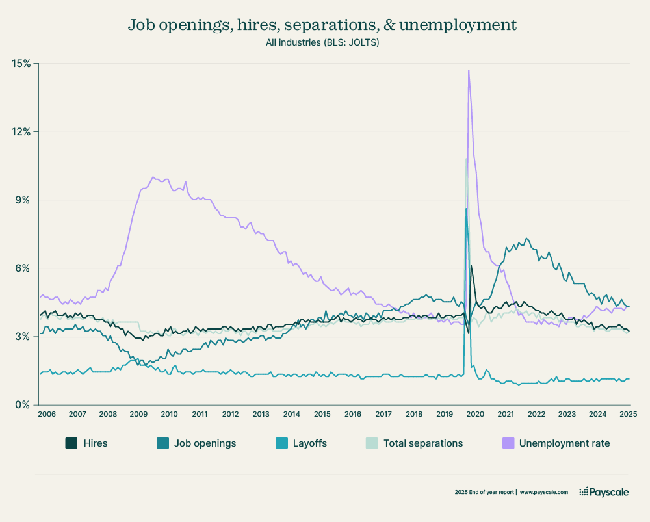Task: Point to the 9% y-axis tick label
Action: point(23,200)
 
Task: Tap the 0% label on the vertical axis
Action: point(23,404)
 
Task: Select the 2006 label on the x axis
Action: point(45,414)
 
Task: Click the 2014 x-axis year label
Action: point(291,414)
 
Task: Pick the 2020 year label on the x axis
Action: point(474,414)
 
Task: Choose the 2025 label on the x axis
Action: point(628,414)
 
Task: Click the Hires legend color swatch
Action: point(71,443)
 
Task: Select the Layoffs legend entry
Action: point(309,443)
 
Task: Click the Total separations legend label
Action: point(423,443)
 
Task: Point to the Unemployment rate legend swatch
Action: point(507,443)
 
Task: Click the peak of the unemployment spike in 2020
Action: point(468,70)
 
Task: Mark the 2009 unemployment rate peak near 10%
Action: point(153,176)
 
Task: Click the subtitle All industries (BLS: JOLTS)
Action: point(322,43)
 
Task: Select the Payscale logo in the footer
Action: point(604,492)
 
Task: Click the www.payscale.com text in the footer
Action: point(544,493)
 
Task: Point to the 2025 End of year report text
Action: point(484,493)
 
